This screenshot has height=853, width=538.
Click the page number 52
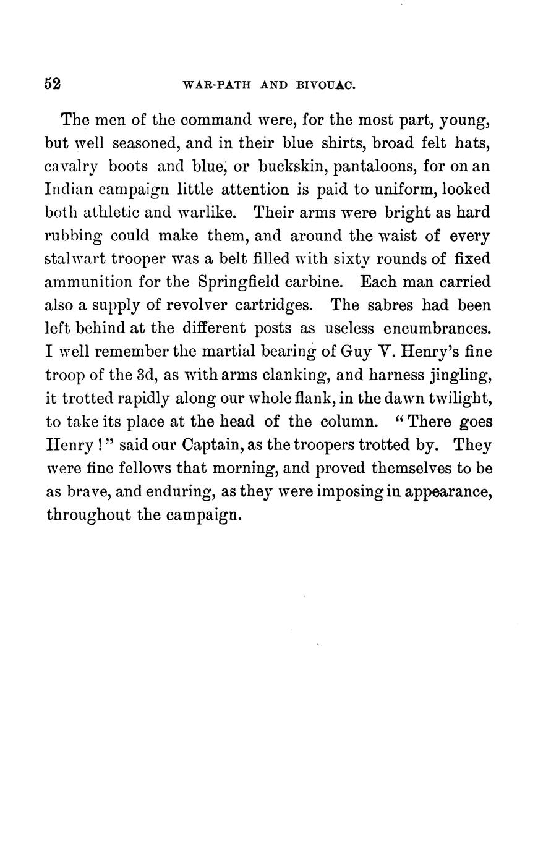pos(52,84)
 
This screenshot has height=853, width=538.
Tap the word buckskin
pos(286,166)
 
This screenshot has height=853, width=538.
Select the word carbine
pos(314,282)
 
